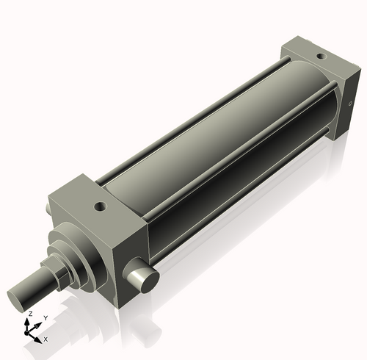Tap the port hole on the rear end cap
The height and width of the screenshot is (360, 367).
[320, 55]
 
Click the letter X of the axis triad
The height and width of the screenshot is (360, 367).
[46, 339]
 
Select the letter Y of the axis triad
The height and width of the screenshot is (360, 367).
[45, 317]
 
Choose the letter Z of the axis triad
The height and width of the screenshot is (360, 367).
[29, 313]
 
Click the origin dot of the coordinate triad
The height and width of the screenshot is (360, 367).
[31, 333]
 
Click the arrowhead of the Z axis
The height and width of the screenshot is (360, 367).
[30, 320]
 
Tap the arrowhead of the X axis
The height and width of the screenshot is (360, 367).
[40, 337]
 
